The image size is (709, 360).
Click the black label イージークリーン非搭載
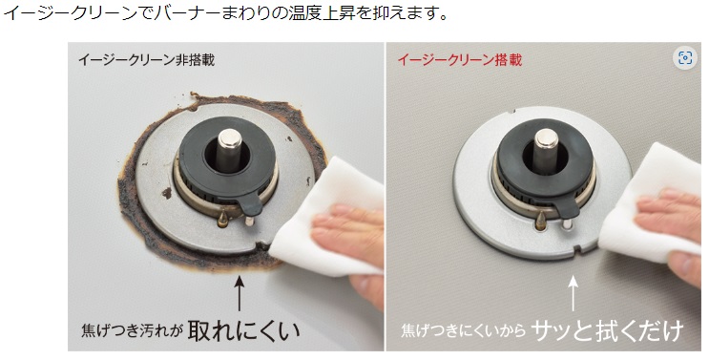[x=147, y=60]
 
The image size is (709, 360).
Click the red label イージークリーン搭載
[x=460, y=60]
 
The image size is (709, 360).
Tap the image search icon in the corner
[x=684, y=58]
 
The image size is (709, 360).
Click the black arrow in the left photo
[x=240, y=293]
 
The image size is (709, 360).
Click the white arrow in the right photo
[x=573, y=293]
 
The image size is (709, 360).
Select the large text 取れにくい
[x=243, y=330]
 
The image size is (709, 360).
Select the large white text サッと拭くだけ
[x=607, y=331]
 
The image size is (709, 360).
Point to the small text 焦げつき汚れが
[x=132, y=331]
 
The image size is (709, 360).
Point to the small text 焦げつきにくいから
[x=464, y=330]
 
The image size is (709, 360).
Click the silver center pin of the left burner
[x=229, y=150]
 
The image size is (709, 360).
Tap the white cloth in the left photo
[x=324, y=217]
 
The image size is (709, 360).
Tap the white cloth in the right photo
[x=652, y=203]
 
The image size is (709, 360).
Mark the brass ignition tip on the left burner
[x=222, y=220]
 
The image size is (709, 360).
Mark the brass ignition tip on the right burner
[x=540, y=220]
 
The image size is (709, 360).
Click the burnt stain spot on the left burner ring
[x=167, y=193]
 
